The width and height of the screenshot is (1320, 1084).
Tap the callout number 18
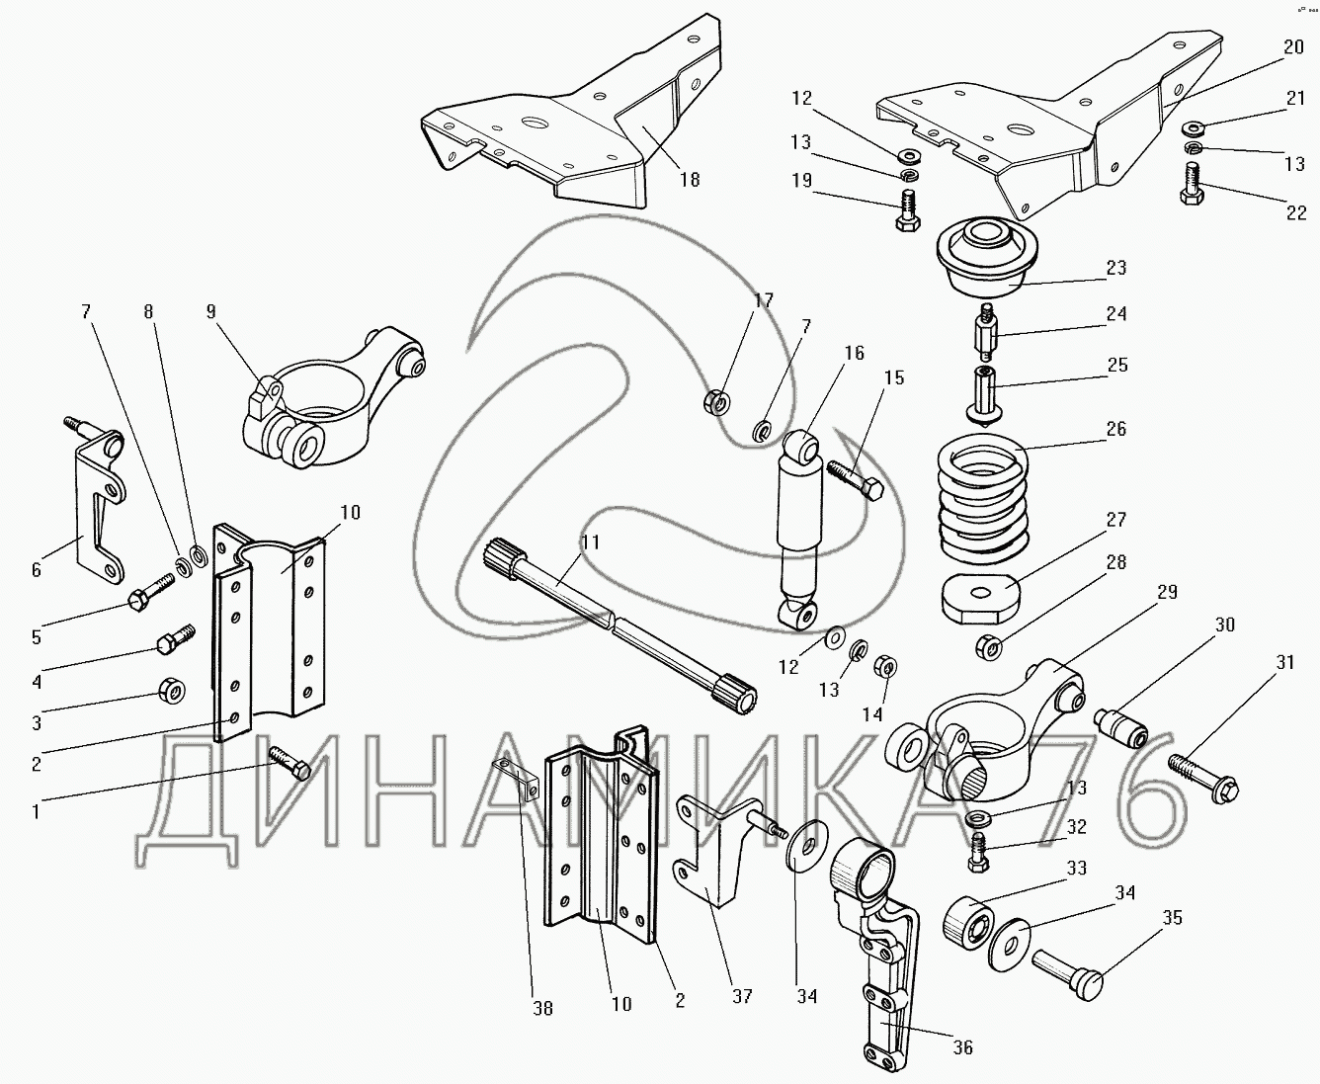[x=689, y=179]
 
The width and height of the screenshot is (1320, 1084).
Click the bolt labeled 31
[x=1203, y=776]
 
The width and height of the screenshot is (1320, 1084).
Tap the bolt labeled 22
[x=1192, y=185]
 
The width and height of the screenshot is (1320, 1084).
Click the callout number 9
[x=210, y=310]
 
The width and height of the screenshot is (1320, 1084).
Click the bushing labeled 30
[x=1121, y=728]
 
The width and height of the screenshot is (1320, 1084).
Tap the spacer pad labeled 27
[x=978, y=597]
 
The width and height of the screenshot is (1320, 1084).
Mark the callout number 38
[x=542, y=1009]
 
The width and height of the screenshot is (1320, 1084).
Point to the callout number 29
[x=1167, y=591]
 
